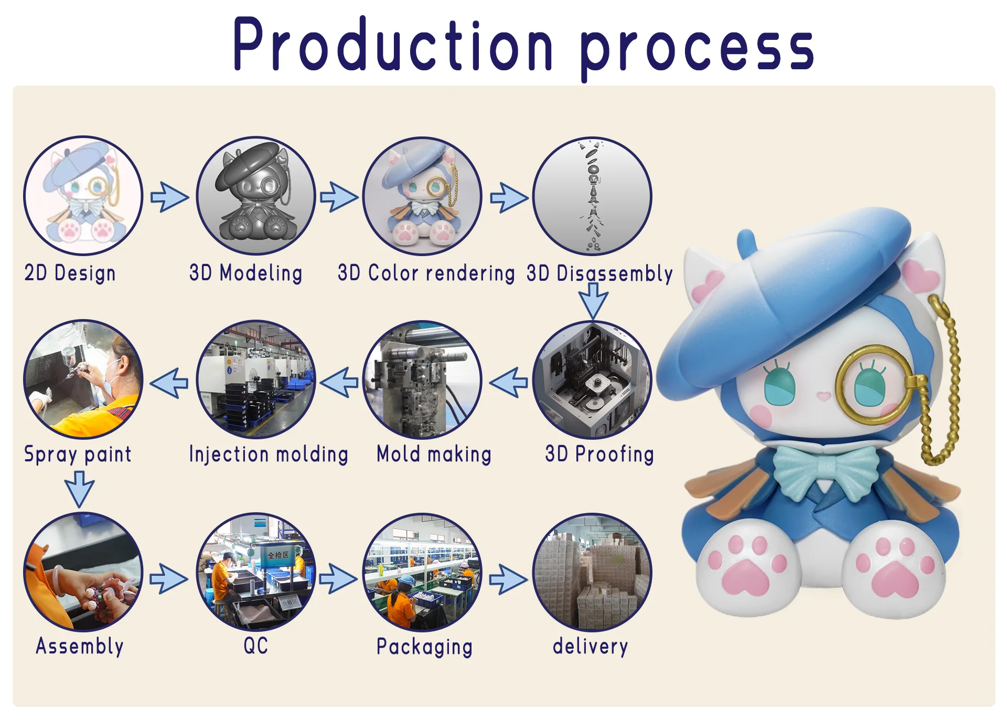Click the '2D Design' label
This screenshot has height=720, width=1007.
[x=70, y=273]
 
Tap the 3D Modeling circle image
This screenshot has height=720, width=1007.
[x=256, y=196]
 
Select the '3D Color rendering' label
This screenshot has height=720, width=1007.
[x=426, y=273]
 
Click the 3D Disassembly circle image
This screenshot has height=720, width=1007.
[x=592, y=196]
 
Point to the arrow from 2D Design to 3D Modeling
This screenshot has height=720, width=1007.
[x=169, y=197]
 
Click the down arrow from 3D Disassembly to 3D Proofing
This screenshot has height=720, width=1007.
[x=593, y=301]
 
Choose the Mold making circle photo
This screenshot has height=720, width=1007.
[x=422, y=379]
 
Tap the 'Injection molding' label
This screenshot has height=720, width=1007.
[x=269, y=454]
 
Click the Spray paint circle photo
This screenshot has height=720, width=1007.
[x=83, y=379]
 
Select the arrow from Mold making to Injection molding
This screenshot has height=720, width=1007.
[x=339, y=382]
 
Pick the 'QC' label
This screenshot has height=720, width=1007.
[x=256, y=645]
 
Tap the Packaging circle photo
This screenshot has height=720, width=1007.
[x=422, y=572]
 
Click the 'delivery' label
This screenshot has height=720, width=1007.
[x=590, y=646]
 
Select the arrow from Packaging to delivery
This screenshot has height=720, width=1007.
[x=508, y=579]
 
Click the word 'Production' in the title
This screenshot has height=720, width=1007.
[x=393, y=44]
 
